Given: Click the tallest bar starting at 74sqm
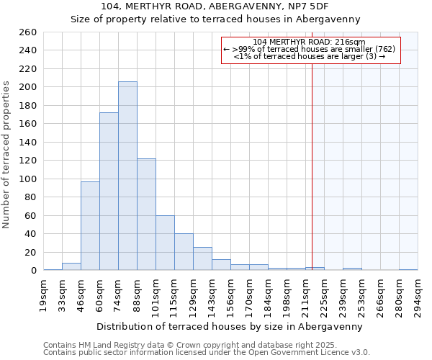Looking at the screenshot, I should (127, 176).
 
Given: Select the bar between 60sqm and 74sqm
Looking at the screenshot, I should (109, 192).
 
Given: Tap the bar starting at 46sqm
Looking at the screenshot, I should (90, 226).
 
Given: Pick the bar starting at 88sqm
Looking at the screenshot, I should (146, 215).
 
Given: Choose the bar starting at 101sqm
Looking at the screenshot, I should (165, 243).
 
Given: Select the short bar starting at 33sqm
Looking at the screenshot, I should (71, 266).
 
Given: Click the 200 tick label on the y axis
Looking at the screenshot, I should (28, 87).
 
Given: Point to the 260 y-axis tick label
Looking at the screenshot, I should (28, 32).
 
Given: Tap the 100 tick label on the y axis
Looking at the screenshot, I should (28, 179).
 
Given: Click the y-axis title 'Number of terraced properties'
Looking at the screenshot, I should (7, 155).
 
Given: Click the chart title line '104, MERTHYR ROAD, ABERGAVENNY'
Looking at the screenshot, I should (215, 6).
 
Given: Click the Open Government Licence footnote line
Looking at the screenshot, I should (207, 353).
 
